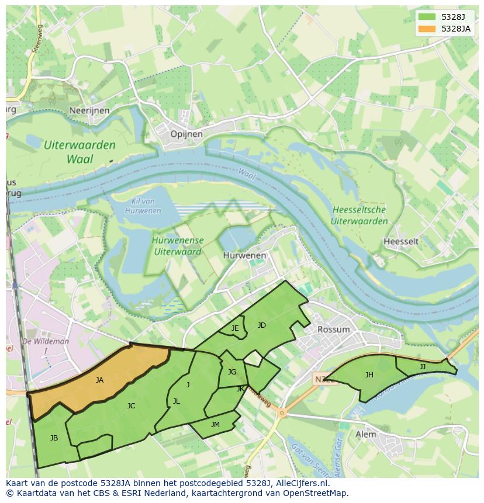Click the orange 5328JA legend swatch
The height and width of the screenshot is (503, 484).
pos(427,29)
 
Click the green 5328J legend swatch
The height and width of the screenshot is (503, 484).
pos(427,17)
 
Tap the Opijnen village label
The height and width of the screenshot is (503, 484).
pos(186,134)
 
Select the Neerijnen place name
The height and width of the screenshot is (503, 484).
pos(89,110)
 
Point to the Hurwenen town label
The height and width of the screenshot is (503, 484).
pos(244,255)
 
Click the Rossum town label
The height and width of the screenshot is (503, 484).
pos(333,329)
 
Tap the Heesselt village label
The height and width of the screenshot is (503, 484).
pos(401,241)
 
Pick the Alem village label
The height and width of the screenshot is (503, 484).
pos(366,434)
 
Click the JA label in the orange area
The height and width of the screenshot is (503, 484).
pos(99,380)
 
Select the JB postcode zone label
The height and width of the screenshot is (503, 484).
pos(54,438)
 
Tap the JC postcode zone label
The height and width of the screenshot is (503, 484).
pos(131,405)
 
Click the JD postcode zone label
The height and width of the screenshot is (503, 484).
pos(261,325)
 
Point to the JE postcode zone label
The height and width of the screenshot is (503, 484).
pos(234,328)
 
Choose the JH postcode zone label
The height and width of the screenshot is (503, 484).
pos(369,375)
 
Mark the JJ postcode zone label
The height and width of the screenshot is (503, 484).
pos(422,367)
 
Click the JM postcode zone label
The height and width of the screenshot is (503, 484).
pos(215,425)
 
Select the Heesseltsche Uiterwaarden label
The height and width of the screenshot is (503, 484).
pos(359,216)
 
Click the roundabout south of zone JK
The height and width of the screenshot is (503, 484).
pos(282,414)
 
